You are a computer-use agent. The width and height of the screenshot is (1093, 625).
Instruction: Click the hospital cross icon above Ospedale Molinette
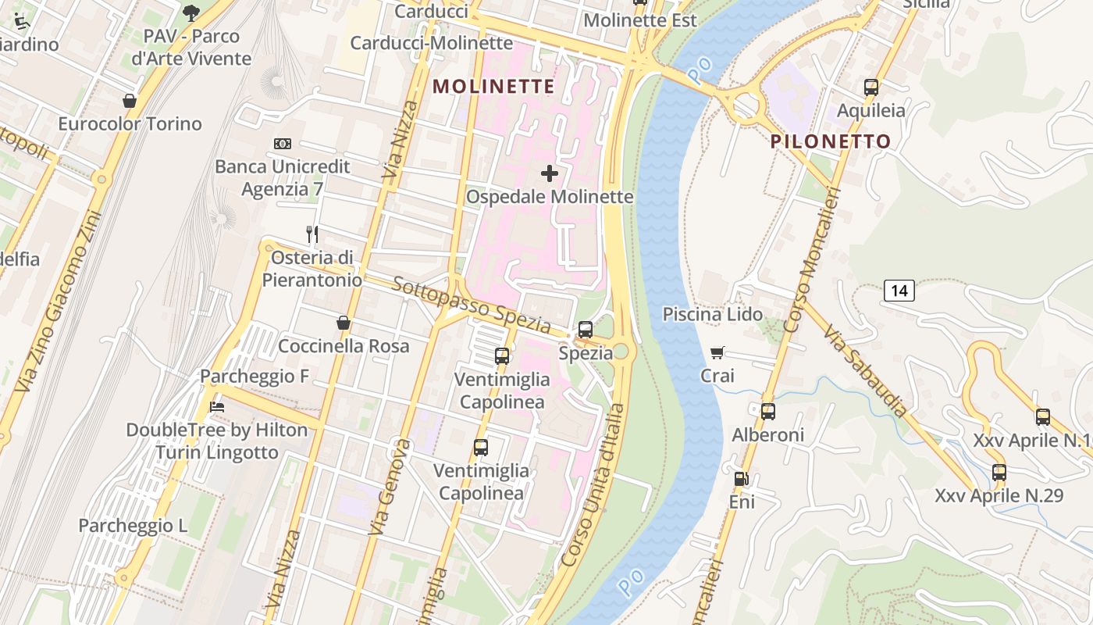[550, 173]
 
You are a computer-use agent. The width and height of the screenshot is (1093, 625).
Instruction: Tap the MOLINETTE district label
[493, 86]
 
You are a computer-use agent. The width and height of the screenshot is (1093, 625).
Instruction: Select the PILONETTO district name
[831, 141]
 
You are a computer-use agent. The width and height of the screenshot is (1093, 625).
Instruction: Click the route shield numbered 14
[899, 291]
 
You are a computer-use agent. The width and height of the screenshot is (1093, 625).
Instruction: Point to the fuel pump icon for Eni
[741, 479]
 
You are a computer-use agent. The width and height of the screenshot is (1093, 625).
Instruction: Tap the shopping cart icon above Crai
[717, 353]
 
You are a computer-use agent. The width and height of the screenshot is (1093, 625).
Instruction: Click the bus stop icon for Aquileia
[871, 87]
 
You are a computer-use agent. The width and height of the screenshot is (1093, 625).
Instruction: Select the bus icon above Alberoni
[768, 412]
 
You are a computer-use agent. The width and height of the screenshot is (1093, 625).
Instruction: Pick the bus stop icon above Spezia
[586, 330]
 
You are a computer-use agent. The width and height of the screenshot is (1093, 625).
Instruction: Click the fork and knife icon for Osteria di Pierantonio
[312, 234]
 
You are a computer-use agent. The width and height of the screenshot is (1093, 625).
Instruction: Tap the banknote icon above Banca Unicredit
[283, 144]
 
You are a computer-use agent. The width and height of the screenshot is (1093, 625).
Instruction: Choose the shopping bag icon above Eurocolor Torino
[130, 101]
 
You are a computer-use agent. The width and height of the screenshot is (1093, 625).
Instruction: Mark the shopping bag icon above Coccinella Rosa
[344, 323]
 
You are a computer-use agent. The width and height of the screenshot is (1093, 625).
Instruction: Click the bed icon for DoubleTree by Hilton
[217, 407]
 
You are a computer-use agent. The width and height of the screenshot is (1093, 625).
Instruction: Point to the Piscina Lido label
[713, 314]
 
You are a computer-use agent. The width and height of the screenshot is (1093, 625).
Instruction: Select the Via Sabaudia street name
[866, 371]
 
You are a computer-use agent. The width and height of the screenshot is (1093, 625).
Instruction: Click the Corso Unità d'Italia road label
[594, 486]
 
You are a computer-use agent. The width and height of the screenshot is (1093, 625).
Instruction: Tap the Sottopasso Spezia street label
[472, 305]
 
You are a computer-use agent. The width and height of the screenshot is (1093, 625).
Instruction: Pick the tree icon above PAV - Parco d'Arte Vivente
[191, 12]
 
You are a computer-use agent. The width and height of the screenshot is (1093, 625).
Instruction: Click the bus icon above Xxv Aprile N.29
[999, 473]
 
